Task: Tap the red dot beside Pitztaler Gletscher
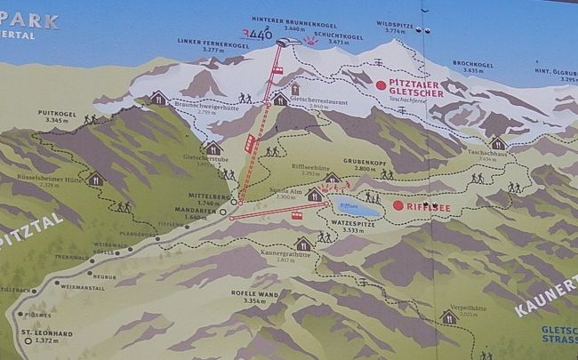click(381, 85)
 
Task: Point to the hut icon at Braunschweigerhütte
click(158, 98)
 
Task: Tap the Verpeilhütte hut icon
click(448, 316)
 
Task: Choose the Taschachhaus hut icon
click(497, 142)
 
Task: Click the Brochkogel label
click(471, 63)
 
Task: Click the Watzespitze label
click(349, 225)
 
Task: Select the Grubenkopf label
click(372, 164)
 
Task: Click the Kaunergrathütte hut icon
click(303, 244)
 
